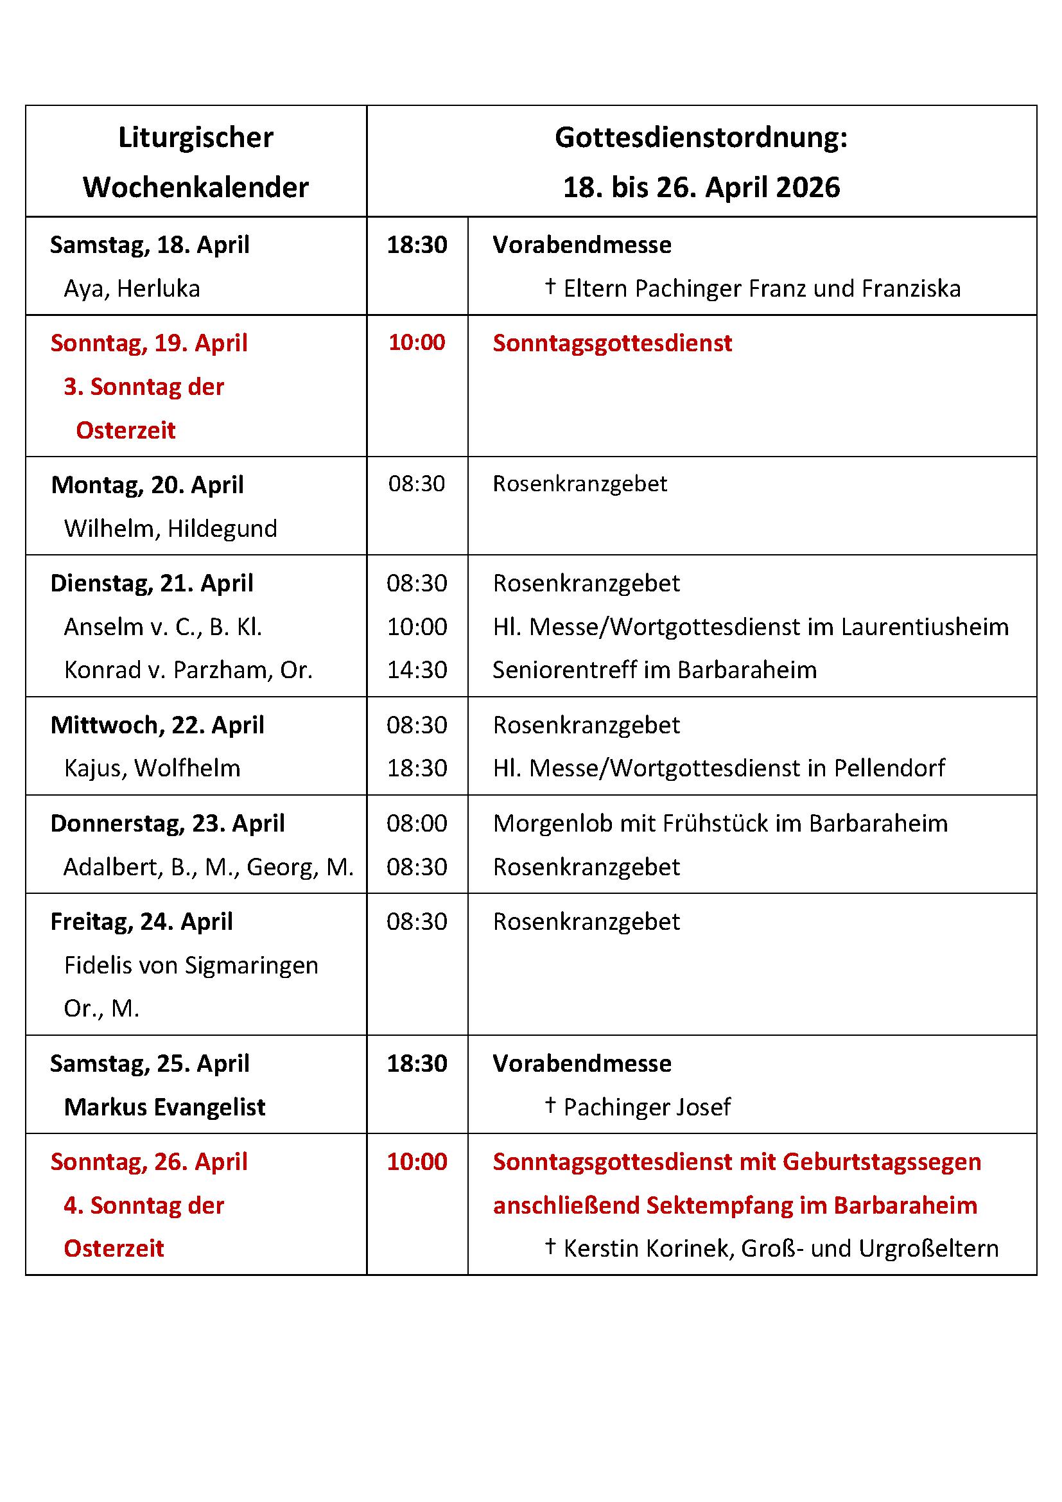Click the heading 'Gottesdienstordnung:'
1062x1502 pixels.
pyautogui.click(x=701, y=138)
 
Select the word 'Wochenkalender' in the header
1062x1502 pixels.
pyautogui.click(x=196, y=188)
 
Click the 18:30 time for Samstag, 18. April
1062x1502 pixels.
pyautogui.click(x=417, y=245)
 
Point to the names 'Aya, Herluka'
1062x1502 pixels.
pyautogui.click(x=132, y=288)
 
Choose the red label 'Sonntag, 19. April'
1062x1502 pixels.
pyautogui.click(x=149, y=343)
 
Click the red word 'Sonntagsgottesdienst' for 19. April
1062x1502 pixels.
pyautogui.click(x=612, y=343)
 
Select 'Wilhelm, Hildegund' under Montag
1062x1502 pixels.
pyautogui.click(x=170, y=528)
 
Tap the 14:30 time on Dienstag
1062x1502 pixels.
pyautogui.click(x=417, y=669)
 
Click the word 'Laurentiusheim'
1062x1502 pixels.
pyautogui.click(x=925, y=627)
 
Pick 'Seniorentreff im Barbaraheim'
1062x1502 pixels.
pyautogui.click(x=654, y=669)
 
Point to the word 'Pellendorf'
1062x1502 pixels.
pyautogui.click(x=889, y=767)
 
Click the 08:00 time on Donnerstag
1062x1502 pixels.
pyautogui.click(x=417, y=823)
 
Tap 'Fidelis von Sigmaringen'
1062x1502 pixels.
pyautogui.click(x=191, y=965)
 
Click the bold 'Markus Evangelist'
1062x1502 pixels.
pyautogui.click(x=165, y=1107)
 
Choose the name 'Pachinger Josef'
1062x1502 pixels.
pyautogui.click(x=647, y=1107)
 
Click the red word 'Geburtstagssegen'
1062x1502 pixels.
pyautogui.click(x=882, y=1162)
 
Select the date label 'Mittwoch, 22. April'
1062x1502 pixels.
pyautogui.click(x=157, y=725)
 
